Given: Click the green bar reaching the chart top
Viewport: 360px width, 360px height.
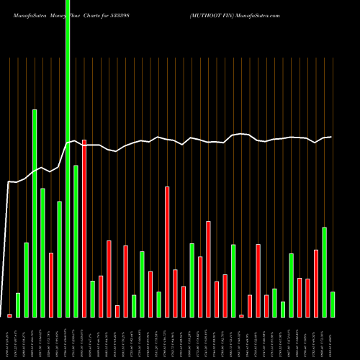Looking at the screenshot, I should (68, 158).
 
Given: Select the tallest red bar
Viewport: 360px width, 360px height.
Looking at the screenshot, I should (84, 228).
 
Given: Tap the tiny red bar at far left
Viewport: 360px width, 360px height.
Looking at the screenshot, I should (9, 315).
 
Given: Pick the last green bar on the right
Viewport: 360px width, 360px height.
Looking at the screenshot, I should (333, 304).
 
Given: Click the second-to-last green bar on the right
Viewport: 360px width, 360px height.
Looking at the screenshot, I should (324, 272).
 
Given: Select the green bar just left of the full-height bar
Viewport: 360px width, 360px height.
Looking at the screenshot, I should (59, 259).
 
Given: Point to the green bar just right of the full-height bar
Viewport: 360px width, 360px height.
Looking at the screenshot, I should (76, 241).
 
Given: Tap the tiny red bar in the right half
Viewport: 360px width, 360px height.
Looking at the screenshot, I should (241, 315).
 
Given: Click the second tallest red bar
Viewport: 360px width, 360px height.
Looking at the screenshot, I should (167, 252).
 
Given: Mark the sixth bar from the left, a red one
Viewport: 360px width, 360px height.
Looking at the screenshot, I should (51, 284).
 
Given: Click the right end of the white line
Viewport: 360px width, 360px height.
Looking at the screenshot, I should (331, 137).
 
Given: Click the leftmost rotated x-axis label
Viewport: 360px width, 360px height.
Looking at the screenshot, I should (9, 338).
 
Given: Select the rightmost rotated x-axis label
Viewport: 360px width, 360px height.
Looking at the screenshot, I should (333, 338).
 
